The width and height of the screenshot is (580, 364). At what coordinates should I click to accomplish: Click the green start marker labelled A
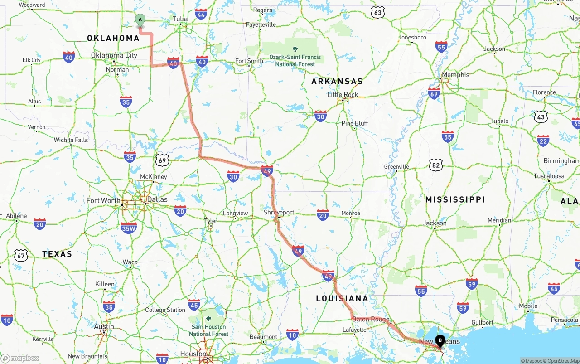[x=140, y=19]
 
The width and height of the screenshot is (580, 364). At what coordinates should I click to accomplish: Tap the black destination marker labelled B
[x=440, y=340]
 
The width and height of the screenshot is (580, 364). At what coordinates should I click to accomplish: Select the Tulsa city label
[x=181, y=19]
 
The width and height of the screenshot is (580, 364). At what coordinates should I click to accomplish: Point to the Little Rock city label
[x=343, y=95]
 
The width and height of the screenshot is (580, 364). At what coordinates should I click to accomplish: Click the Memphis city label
[x=455, y=74]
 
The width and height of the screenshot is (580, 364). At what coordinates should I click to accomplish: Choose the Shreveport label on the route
[x=279, y=212]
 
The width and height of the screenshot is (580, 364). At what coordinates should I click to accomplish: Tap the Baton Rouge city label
[x=371, y=319]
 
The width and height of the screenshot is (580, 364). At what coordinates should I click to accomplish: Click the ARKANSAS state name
[x=337, y=82]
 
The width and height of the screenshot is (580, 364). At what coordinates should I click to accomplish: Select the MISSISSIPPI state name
[x=455, y=199]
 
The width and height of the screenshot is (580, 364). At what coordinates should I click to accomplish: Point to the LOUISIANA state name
[x=342, y=298]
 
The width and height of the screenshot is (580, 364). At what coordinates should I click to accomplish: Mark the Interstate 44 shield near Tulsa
[x=201, y=14]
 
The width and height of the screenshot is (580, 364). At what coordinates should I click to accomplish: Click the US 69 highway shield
[x=162, y=160]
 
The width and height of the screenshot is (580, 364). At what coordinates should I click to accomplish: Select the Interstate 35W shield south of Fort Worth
[x=129, y=228]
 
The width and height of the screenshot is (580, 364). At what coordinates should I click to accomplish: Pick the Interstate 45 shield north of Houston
[x=194, y=305]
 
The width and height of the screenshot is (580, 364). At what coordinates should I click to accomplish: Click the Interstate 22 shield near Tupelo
[x=543, y=140]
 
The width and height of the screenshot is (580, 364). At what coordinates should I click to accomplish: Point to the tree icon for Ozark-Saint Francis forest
[x=295, y=49]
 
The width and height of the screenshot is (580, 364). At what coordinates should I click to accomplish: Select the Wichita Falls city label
[x=71, y=140]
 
